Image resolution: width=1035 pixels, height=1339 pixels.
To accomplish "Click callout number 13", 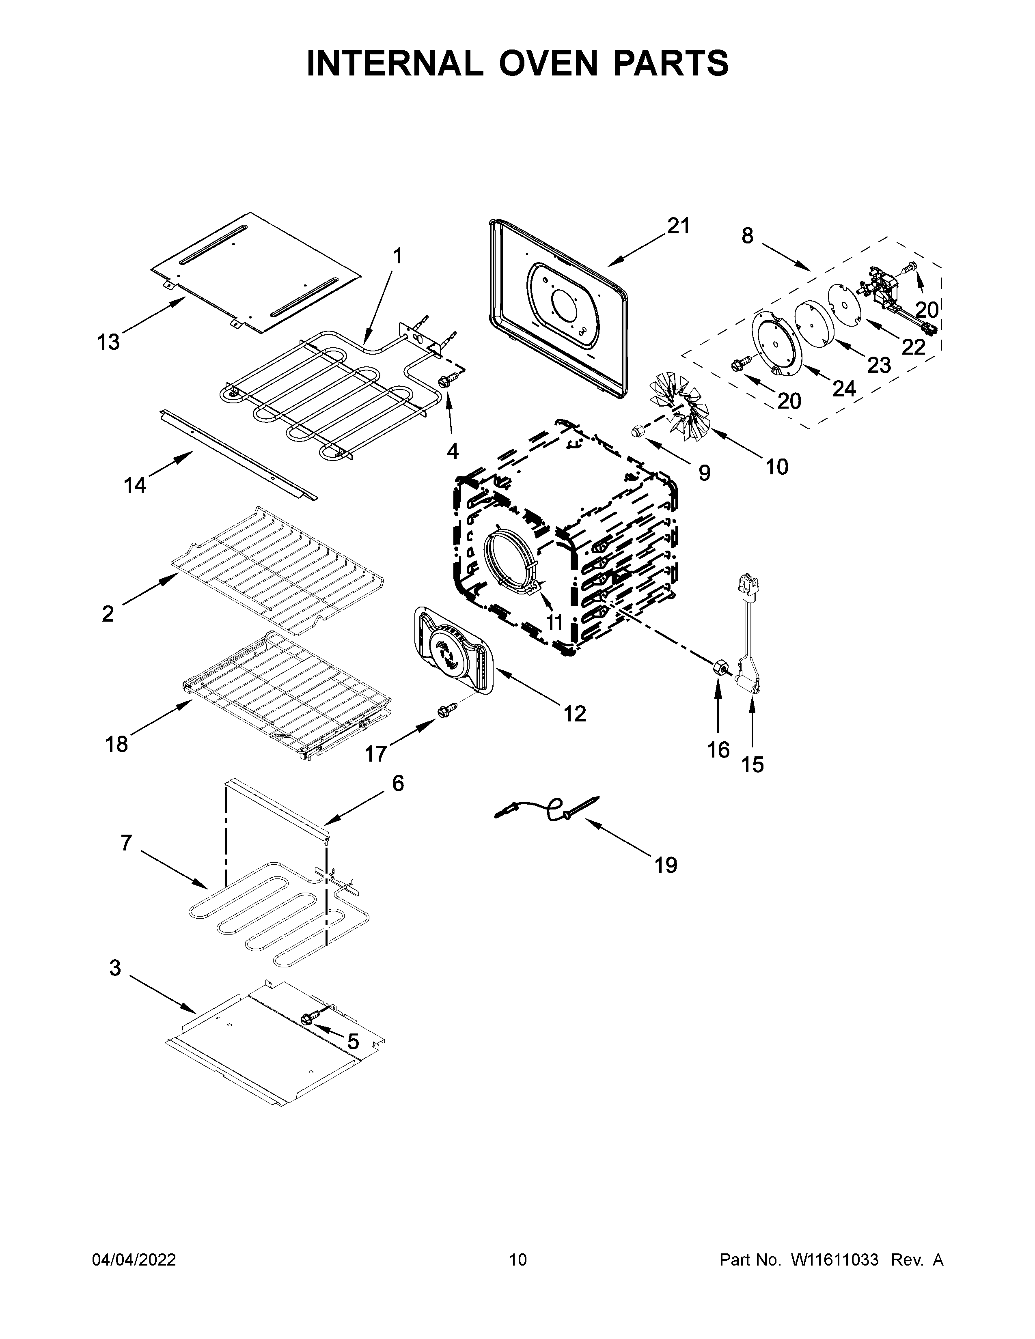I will pos(108,342).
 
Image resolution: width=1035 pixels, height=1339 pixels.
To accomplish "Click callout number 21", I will pos(679,226).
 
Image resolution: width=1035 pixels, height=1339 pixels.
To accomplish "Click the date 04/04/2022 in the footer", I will pos(134,1260).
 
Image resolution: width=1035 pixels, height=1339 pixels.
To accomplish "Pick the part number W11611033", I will pos(834,1260).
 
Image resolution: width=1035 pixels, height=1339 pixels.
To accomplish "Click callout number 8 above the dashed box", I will pos(747,235).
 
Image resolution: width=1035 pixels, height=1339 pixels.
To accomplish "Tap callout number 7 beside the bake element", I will pos(126,843).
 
